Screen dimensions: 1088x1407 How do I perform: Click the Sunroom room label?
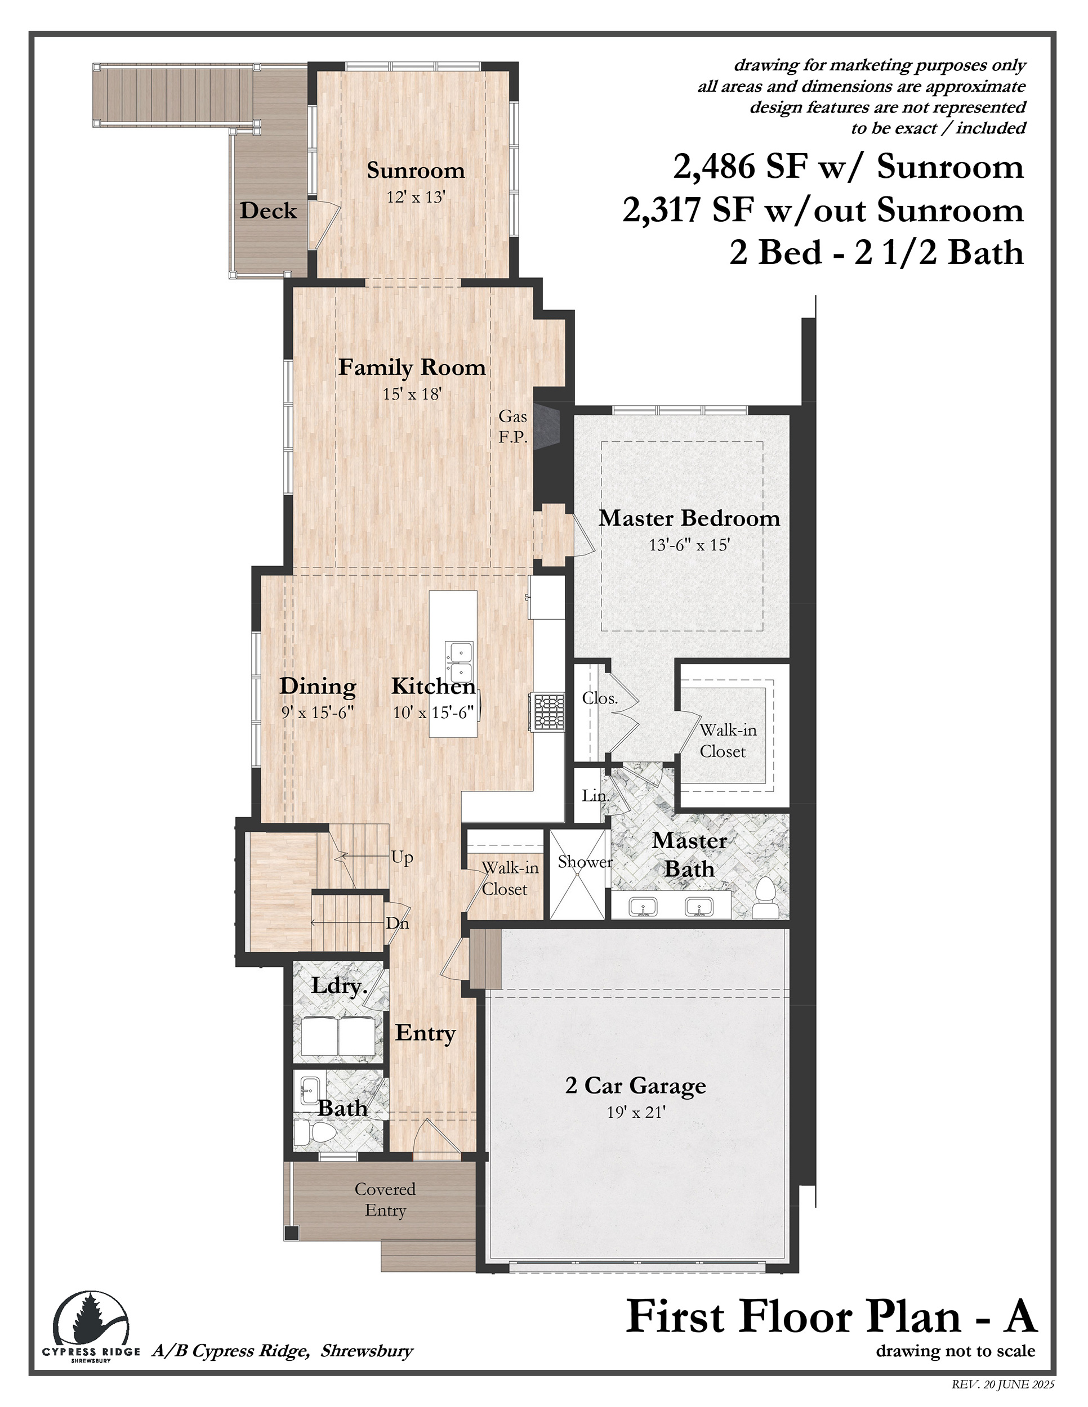[x=416, y=170]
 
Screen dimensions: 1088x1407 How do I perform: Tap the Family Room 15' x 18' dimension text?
[x=412, y=395]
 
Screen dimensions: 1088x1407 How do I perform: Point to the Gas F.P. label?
[x=513, y=427]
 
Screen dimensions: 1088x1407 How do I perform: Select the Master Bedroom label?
[x=689, y=518]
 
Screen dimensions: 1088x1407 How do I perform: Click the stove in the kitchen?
[x=545, y=712]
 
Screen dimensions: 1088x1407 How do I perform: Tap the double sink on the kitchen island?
[x=459, y=662]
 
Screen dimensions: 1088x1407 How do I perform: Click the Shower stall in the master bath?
[x=578, y=874]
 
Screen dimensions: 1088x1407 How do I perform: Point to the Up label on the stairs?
[x=402, y=858]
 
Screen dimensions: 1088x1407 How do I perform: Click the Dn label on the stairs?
[x=397, y=923]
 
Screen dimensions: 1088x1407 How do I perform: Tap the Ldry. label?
[x=339, y=985]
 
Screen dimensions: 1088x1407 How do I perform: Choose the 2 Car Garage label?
[x=636, y=1086]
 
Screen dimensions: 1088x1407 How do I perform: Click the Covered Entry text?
[x=385, y=1199]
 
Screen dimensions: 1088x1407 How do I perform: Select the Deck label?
[x=268, y=210]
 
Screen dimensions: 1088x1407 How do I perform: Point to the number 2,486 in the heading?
[x=714, y=167]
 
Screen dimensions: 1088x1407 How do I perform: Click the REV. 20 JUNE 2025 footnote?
[x=1003, y=1384]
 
